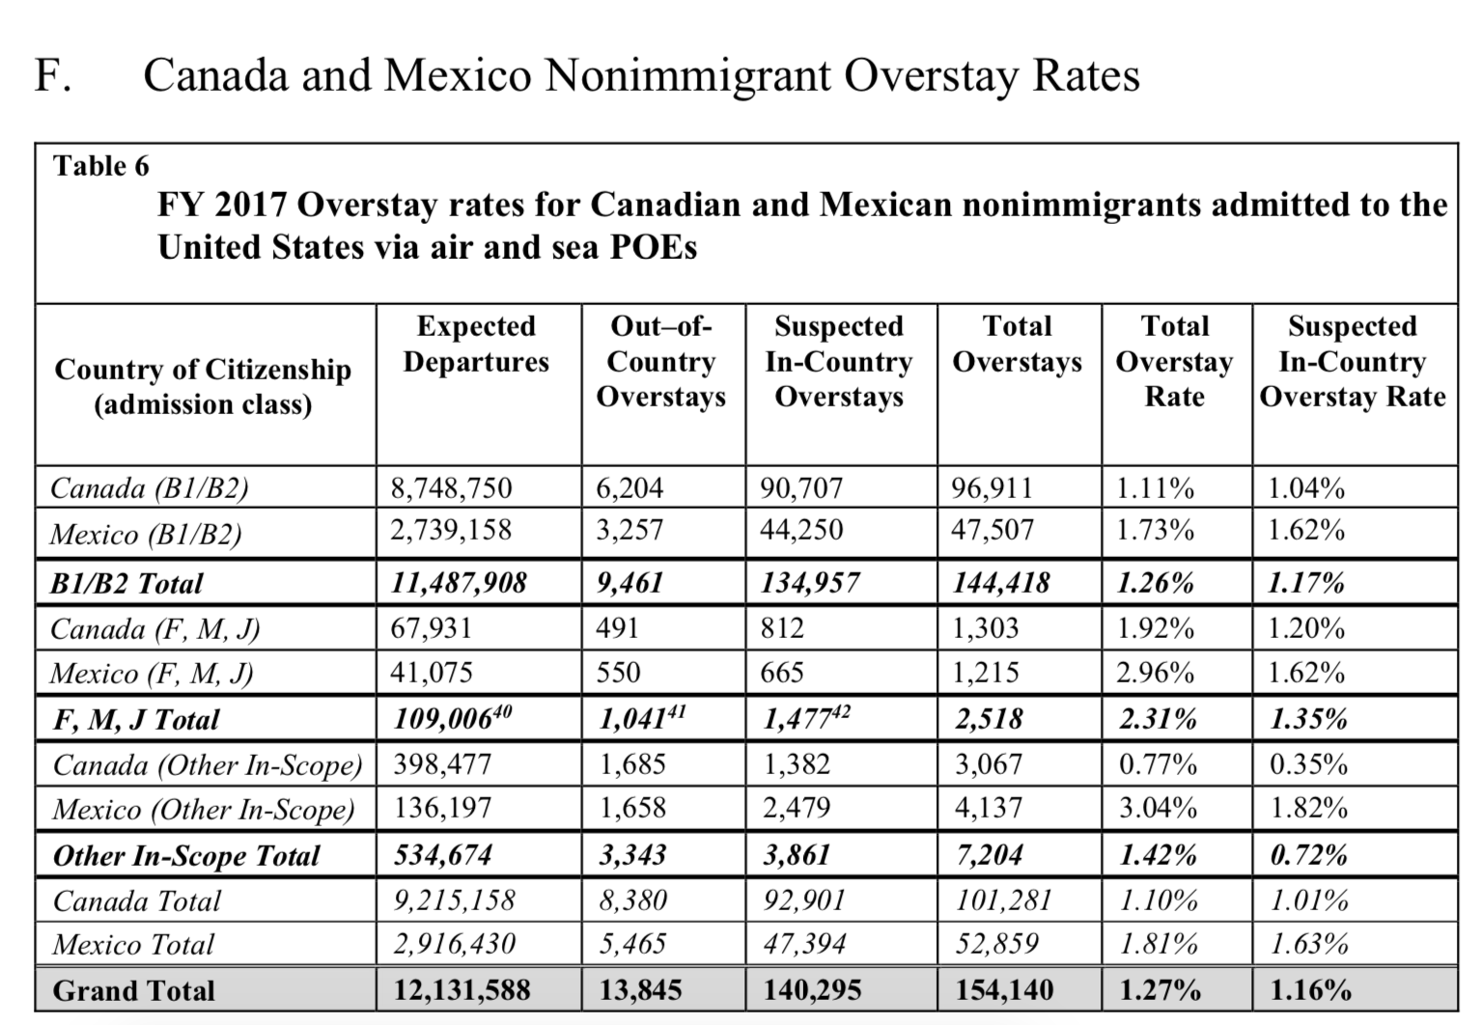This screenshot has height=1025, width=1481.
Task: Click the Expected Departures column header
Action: pyautogui.click(x=476, y=344)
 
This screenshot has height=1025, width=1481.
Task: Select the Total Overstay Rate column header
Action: pyautogui.click(x=1175, y=361)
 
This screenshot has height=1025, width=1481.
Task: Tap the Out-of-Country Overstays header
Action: pyautogui.click(x=661, y=361)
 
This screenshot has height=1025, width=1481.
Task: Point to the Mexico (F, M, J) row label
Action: pyautogui.click(x=152, y=674)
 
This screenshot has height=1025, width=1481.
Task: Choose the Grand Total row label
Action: pyautogui.click(x=133, y=990)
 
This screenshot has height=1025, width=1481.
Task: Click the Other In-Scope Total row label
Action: pyautogui.click(x=185, y=856)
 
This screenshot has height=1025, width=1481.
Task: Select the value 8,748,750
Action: pyautogui.click(x=451, y=488)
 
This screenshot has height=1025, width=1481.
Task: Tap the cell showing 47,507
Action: pyautogui.click(x=992, y=530)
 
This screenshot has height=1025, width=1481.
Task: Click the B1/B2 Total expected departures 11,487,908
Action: pyautogui.click(x=459, y=583)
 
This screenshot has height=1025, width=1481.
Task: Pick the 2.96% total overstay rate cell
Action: pyautogui.click(x=1155, y=673)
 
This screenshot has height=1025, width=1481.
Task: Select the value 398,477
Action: pyautogui.click(x=442, y=764)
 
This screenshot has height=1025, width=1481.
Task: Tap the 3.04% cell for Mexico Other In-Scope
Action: pyautogui.click(x=1158, y=808)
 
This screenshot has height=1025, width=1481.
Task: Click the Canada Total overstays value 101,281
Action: pyautogui.click(x=1003, y=900)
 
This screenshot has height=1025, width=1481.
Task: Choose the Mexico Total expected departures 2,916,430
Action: pyautogui.click(x=454, y=944)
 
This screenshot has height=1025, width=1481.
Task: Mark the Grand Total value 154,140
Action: pyautogui.click(x=1004, y=990)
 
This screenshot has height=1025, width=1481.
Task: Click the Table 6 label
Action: pyautogui.click(x=101, y=166)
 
